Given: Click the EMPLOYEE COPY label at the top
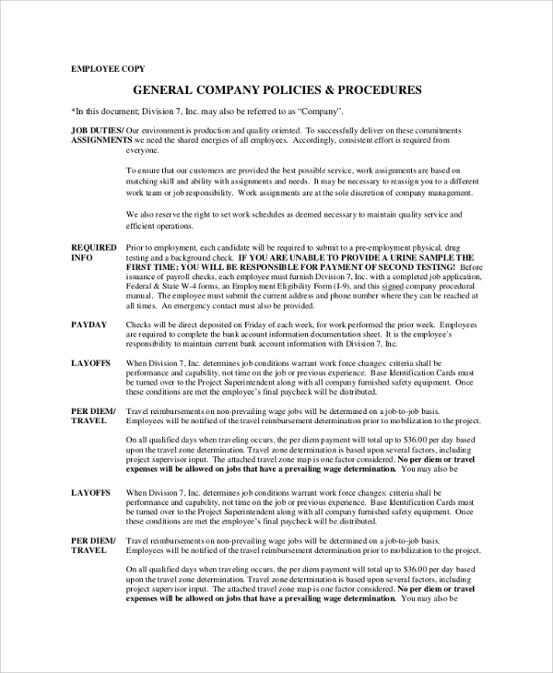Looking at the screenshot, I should (x=108, y=69).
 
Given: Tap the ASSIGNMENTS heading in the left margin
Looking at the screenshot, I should (x=96, y=140).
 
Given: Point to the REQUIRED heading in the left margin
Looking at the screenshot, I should (x=94, y=248).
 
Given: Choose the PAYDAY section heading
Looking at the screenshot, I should (x=89, y=325).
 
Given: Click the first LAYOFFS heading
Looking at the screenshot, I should (x=91, y=363).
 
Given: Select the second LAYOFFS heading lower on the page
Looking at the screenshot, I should (x=91, y=493).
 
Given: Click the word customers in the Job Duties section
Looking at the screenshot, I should (x=207, y=171).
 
